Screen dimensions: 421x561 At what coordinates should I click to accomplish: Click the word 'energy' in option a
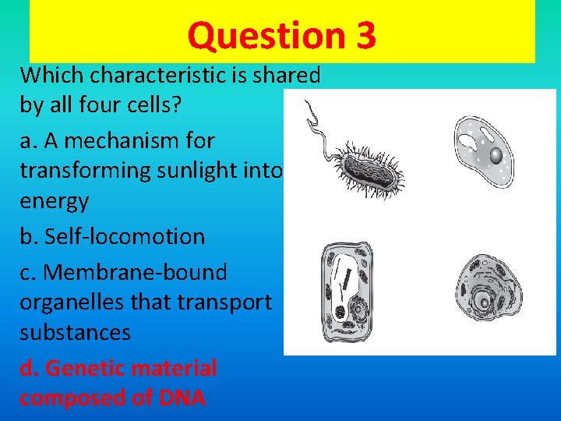tap(54, 201)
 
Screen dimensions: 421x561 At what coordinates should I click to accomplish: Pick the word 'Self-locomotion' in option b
tap(124, 236)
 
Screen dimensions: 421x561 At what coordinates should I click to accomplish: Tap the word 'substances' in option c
tap(75, 333)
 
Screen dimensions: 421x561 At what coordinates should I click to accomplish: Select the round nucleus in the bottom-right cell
tap(484, 301)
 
